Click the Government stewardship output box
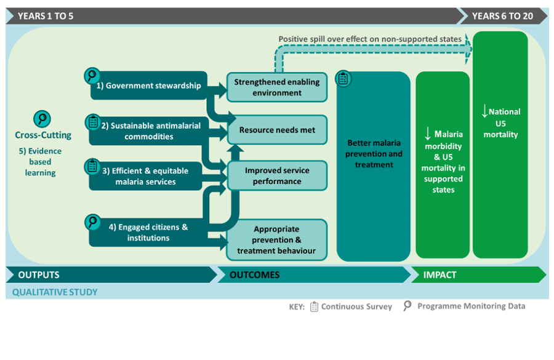pos(148,86)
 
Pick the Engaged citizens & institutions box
pos(148,233)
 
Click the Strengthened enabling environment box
pos(277,87)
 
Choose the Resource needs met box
pos(277,130)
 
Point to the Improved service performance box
pos(277,175)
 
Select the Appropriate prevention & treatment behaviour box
pos(277,240)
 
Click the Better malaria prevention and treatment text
pos(374,154)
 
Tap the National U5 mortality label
pos(500,123)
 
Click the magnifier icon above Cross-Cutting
pos(42,119)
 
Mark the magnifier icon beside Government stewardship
pos(92,76)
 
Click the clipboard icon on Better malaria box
pos(343,79)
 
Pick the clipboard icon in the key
pos(314,306)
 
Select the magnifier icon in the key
pos(407,305)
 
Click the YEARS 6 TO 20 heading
pos(502,16)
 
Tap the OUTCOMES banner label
pos(254,275)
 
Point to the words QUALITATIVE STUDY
pos(55,292)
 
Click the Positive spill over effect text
pos(369,39)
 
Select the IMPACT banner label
pos(440,275)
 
